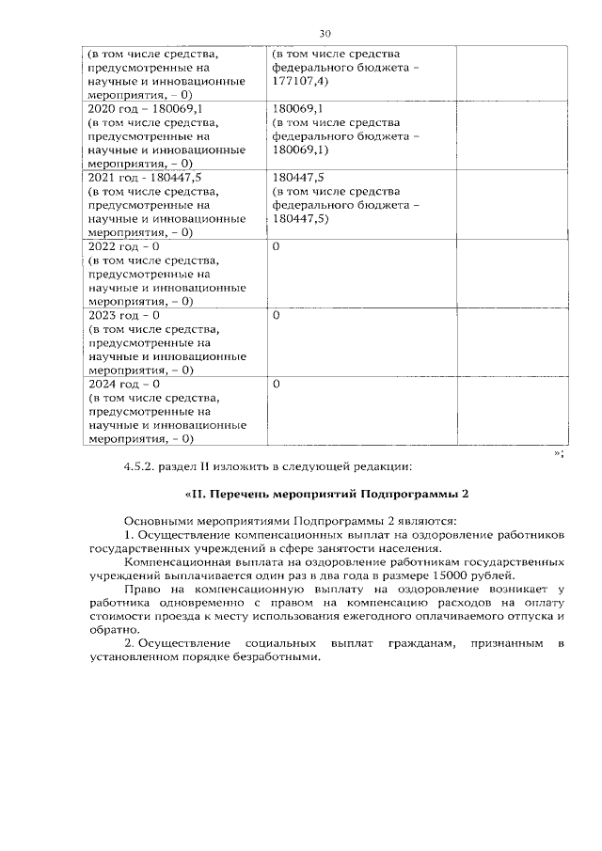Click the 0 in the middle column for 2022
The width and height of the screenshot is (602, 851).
point(276,246)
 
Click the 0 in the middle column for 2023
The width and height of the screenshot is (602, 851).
point(276,316)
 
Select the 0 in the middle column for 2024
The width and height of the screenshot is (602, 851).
point(276,385)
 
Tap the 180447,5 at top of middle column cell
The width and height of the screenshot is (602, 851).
point(298,178)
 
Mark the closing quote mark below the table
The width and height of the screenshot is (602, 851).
point(556,451)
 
